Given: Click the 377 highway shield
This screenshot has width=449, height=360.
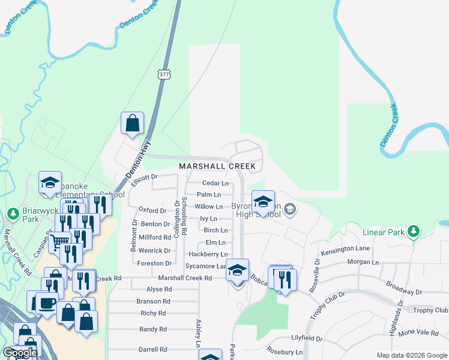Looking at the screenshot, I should [x=165, y=74].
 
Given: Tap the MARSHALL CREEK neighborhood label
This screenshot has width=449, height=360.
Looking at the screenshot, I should [x=217, y=166].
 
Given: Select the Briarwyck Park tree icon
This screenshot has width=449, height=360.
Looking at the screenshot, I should [x=13, y=214].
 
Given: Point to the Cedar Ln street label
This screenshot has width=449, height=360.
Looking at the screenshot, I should [x=215, y=183].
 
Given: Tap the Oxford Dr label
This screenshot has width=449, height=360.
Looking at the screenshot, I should [x=152, y=211].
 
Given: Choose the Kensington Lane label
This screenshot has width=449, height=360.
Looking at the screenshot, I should [x=345, y=248].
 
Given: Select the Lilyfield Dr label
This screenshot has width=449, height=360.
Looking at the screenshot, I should [x=307, y=339].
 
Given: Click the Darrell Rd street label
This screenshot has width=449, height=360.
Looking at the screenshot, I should [x=153, y=349].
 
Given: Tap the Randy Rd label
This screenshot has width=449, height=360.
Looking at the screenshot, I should [x=153, y=329].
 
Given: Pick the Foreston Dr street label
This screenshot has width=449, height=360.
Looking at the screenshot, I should [x=154, y=263].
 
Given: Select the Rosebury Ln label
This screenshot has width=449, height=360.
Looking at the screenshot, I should [x=286, y=352].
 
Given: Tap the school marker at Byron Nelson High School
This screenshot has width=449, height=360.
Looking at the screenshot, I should [x=262, y=202].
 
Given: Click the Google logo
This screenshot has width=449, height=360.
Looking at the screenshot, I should [x=19, y=353].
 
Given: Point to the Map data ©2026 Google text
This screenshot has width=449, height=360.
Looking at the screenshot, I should [x=411, y=355].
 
